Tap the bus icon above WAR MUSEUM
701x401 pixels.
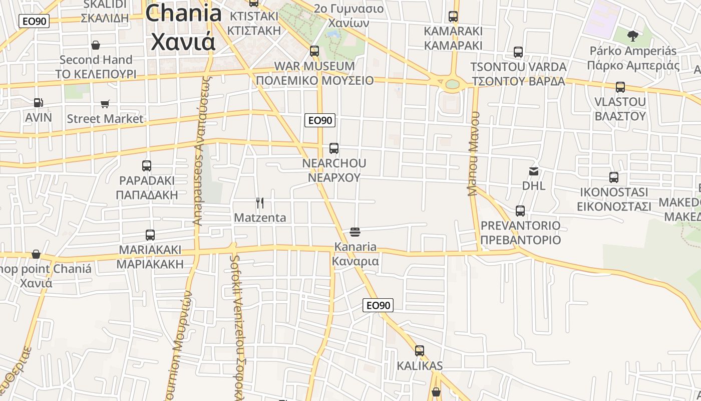314,51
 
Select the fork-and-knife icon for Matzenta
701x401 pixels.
260,203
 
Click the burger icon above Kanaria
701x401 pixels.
355,232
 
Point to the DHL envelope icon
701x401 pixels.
534,171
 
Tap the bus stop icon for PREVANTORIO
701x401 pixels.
520,211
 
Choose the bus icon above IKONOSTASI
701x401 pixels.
614,177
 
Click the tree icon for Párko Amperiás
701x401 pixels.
633,36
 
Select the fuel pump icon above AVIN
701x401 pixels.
38,103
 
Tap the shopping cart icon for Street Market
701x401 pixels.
105,104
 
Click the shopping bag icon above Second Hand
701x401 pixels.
96,45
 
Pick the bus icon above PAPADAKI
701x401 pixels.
147,165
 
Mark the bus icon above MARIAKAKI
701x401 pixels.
150,235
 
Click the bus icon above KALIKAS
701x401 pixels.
420,351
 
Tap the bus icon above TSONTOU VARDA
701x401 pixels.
518,52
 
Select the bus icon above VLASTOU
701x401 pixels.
620,87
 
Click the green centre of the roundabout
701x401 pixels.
452,84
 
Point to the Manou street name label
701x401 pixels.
474,153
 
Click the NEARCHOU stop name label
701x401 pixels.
334,163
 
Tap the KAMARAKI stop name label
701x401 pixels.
453,31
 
